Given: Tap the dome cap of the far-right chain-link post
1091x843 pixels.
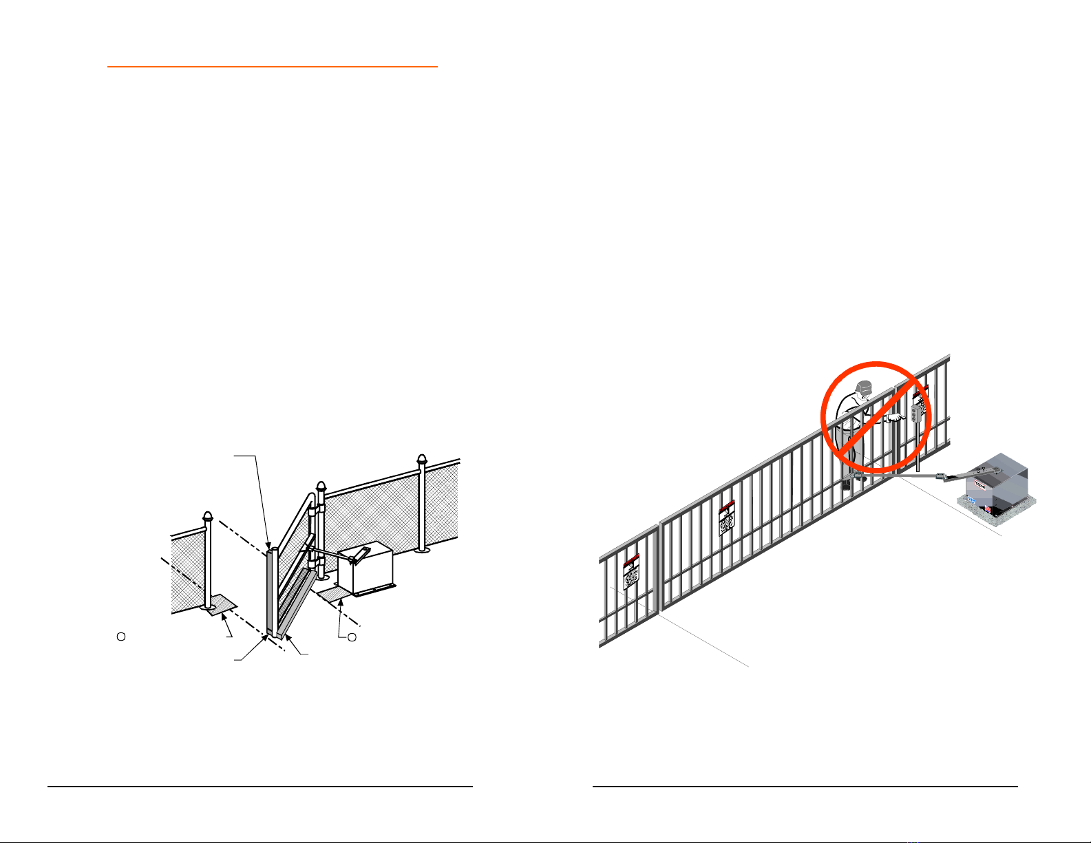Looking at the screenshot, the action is pyautogui.click(x=422, y=460).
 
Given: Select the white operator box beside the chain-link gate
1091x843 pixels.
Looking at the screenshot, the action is pyautogui.click(x=366, y=570).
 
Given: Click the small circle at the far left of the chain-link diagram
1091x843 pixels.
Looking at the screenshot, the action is pyautogui.click(x=120, y=637).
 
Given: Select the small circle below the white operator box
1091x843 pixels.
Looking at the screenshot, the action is pyautogui.click(x=352, y=638).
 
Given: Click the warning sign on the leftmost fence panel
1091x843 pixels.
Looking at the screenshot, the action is pyautogui.click(x=631, y=572).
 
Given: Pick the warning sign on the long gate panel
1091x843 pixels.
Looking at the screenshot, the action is pyautogui.click(x=727, y=517).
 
